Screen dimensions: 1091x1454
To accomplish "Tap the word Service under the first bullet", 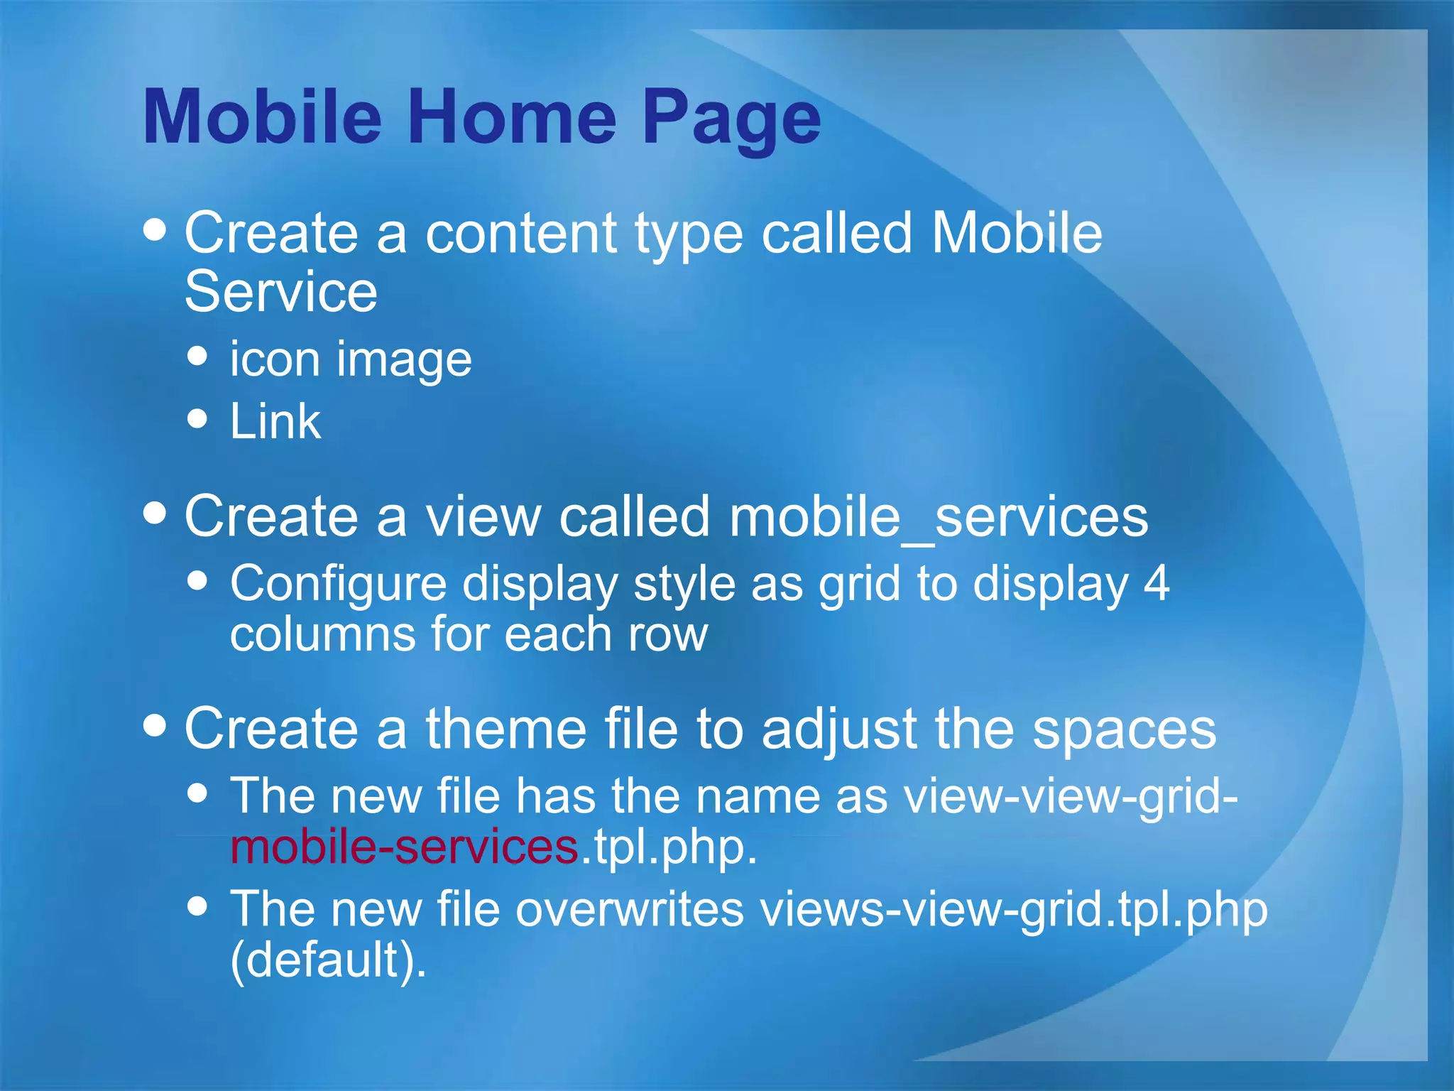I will (281, 292).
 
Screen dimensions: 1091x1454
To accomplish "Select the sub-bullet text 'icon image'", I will (351, 359).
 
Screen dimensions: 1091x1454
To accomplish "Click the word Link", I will (275, 422).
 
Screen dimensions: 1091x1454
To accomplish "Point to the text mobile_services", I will (939, 517).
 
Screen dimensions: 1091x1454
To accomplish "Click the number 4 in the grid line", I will (1156, 584).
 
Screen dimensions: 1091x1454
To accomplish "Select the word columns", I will (323, 634).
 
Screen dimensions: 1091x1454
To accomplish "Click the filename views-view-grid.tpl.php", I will (1014, 909).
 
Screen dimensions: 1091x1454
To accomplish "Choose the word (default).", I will (328, 960).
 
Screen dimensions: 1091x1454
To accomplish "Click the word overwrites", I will (629, 909).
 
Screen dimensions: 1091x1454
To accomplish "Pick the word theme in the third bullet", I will (505, 729).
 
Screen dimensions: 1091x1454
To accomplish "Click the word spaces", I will (1124, 729).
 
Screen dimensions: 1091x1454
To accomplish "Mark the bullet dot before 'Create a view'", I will (155, 513).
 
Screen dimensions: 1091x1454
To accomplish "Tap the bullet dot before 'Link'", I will (198, 419).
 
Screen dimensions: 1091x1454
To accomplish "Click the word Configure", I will (338, 584).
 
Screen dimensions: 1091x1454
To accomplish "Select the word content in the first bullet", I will (521, 234).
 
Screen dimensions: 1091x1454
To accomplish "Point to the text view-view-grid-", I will (1071, 796).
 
